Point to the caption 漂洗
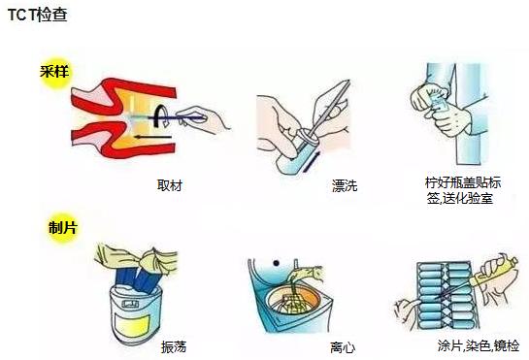pyautogui.click(x=344, y=184)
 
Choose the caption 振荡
pyautogui.click(x=173, y=346)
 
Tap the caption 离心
pyautogui.click(x=342, y=346)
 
